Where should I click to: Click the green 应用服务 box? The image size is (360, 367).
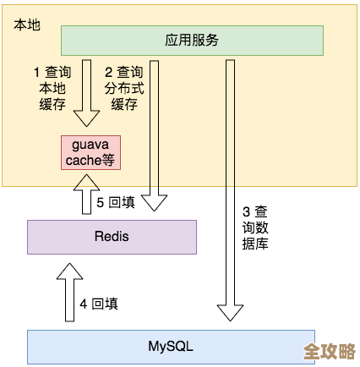pyautogui.click(x=192, y=40)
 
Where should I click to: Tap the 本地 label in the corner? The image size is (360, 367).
pyautogui.click(x=26, y=25)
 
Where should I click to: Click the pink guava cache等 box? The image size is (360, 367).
pyautogui.click(x=91, y=152)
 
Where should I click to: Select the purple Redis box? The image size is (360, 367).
pyautogui.click(x=112, y=236)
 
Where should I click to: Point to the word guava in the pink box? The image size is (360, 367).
pyautogui.click(x=91, y=145)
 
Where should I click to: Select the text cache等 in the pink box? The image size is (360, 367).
pyautogui.click(x=91, y=160)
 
